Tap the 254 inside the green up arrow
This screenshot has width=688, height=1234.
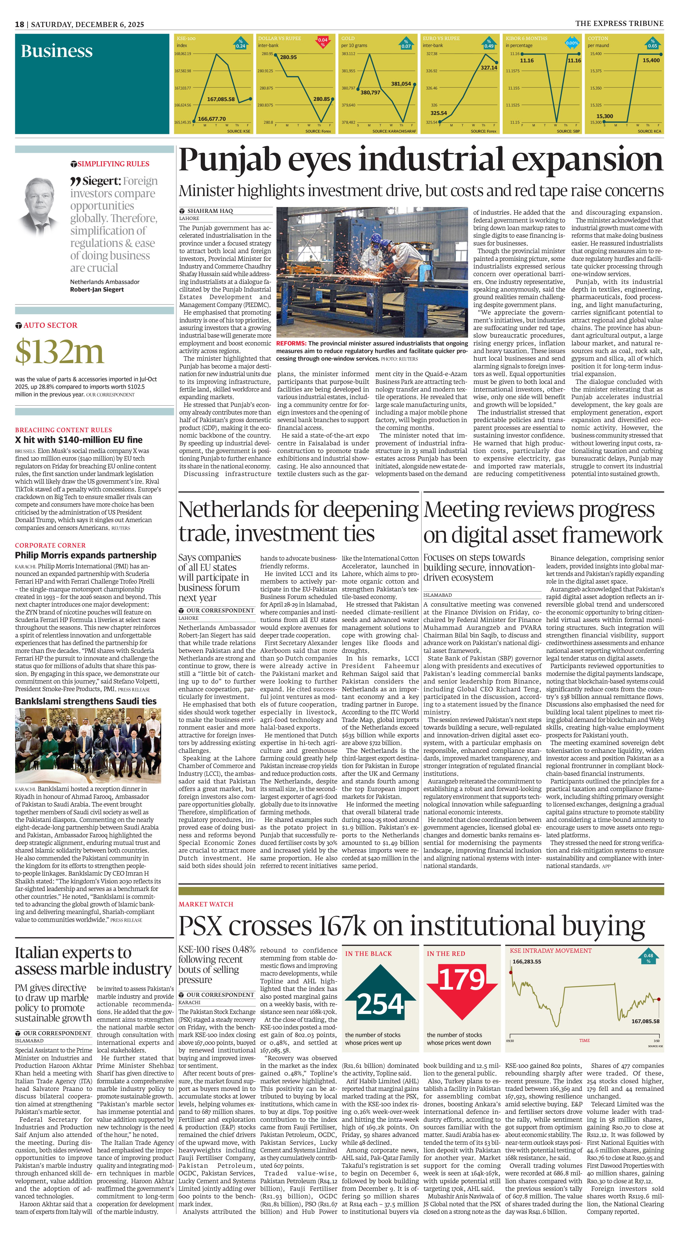[x=380, y=1003]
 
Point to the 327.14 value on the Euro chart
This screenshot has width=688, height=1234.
[x=489, y=68]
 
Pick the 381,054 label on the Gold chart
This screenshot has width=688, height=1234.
[x=401, y=84]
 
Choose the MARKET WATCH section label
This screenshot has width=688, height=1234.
[x=206, y=904]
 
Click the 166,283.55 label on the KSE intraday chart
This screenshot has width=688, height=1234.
[x=527, y=961]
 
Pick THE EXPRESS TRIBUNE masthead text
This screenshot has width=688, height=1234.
[x=619, y=23]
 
